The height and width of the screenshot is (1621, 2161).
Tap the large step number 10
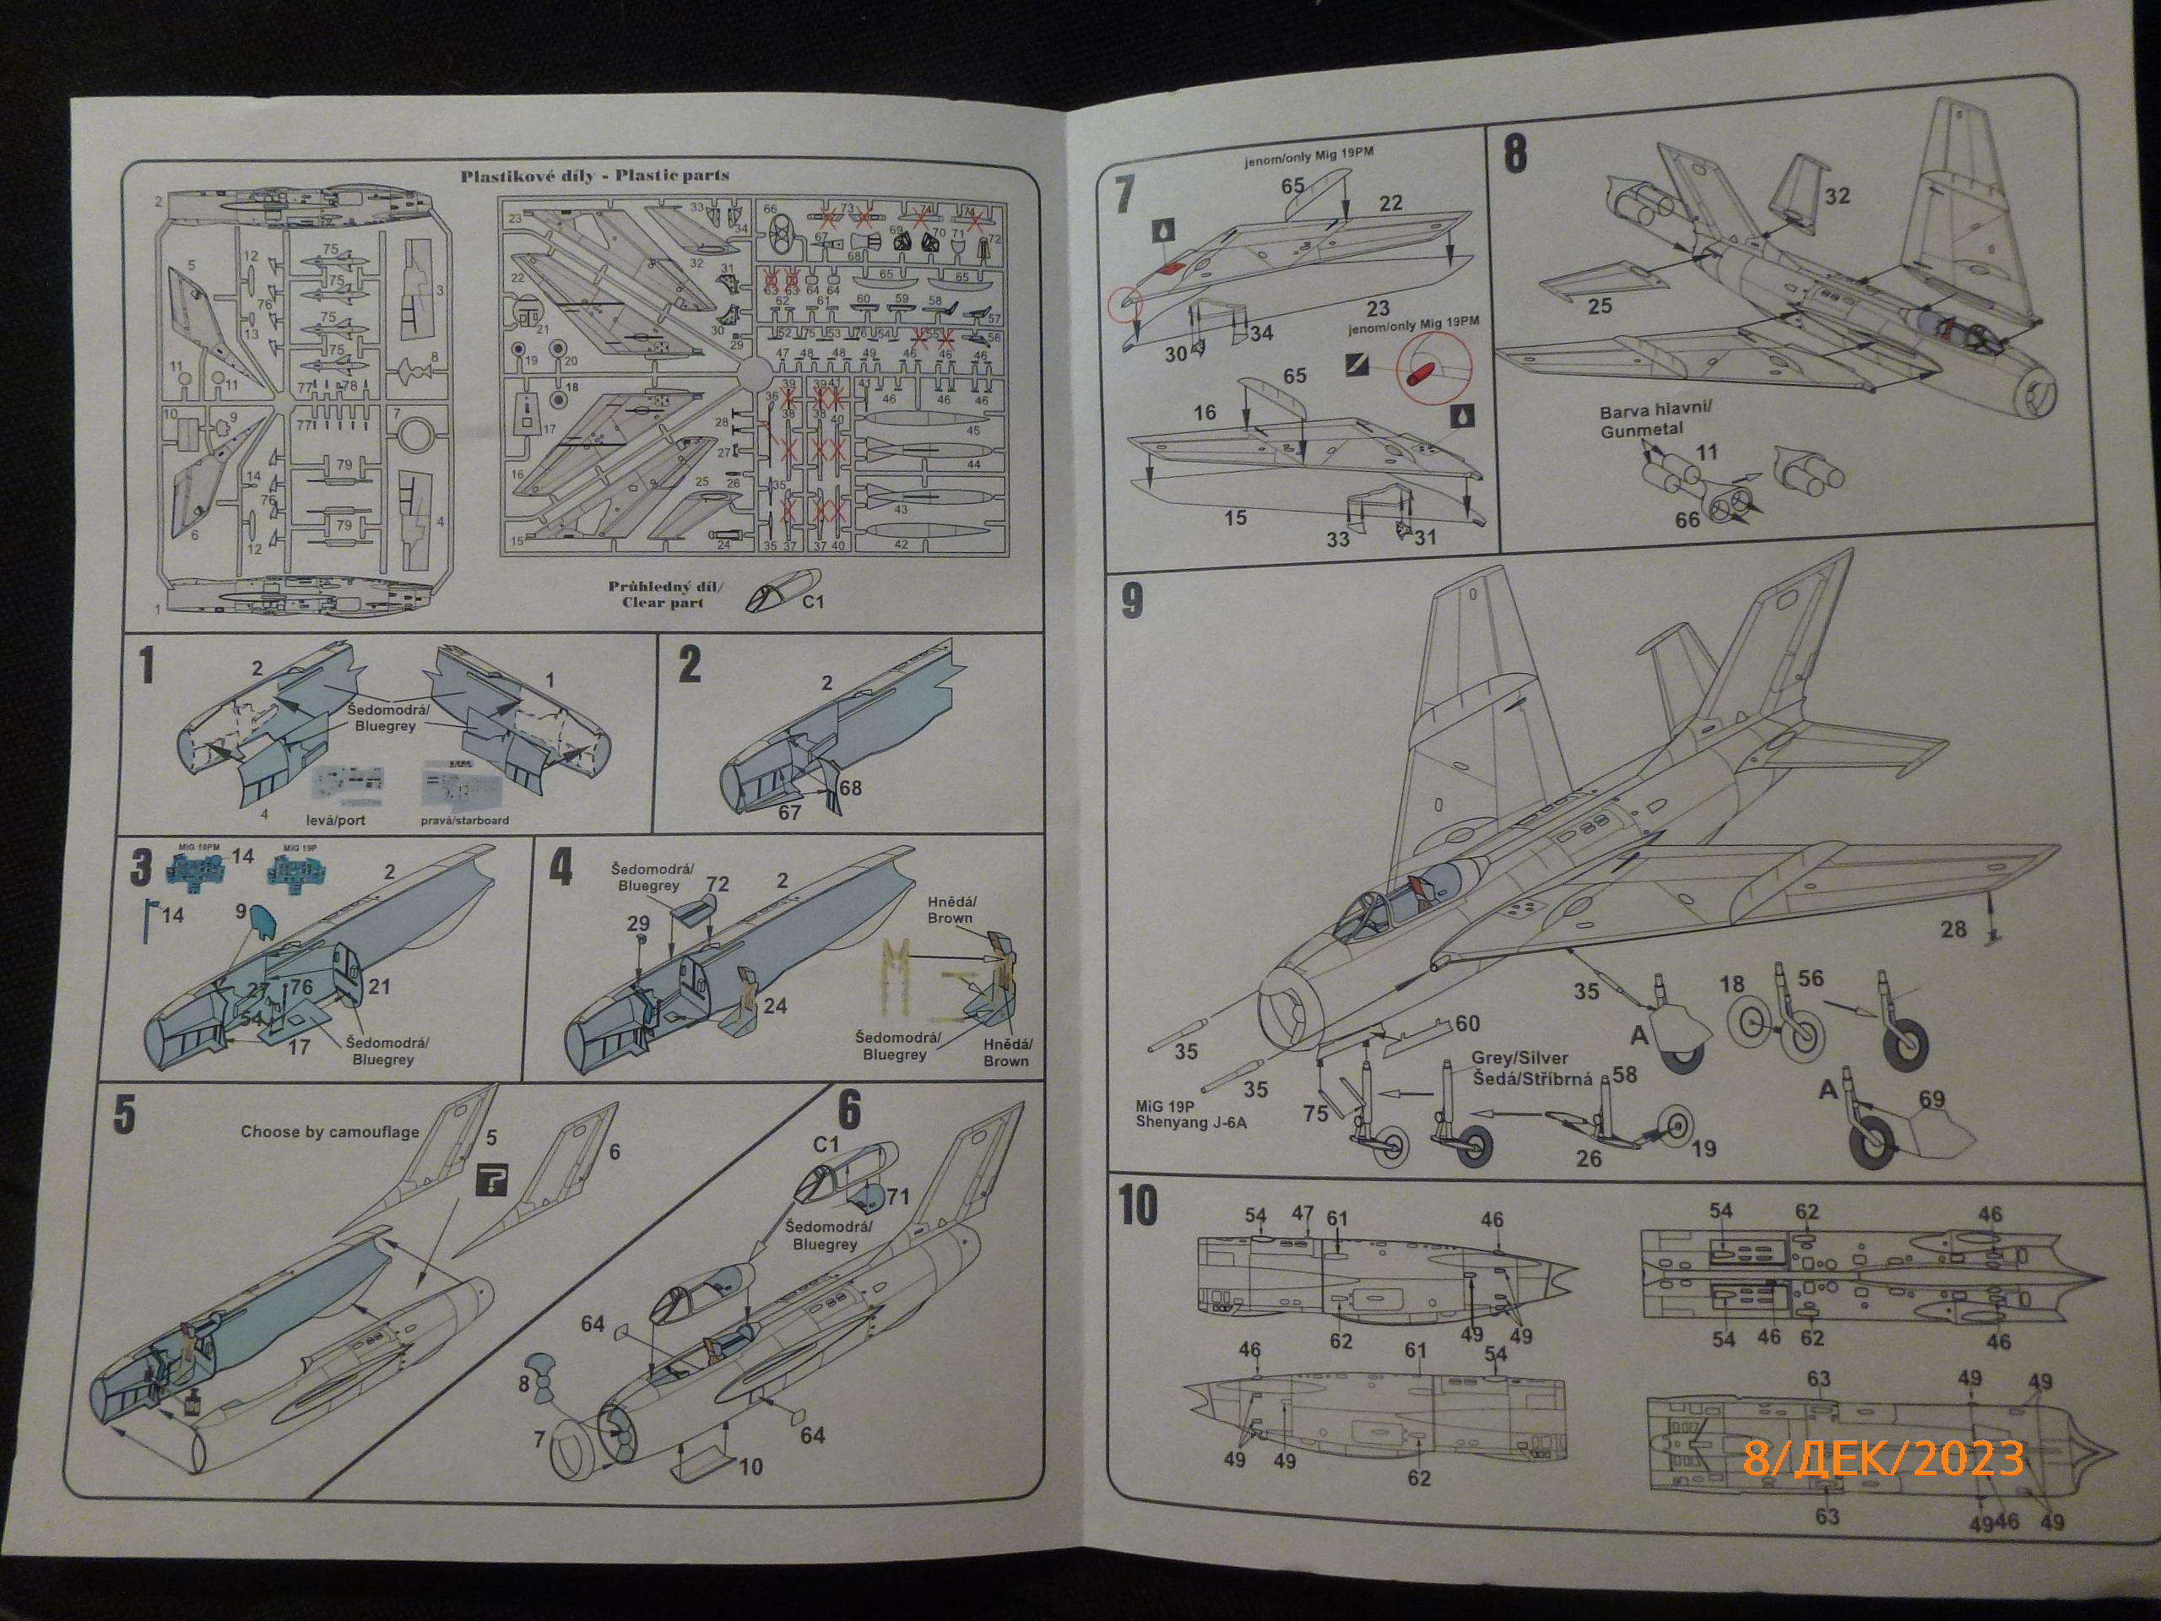pos(1138,1206)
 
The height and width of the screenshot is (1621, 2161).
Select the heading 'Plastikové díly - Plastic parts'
pos(595,176)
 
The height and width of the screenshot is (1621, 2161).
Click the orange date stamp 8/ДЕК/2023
pos(1882,1460)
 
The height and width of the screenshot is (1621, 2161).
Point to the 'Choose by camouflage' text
pos(329,1131)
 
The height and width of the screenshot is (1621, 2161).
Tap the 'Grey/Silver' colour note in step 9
pos(1519,1058)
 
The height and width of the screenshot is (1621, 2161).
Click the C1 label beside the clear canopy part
pos(813,602)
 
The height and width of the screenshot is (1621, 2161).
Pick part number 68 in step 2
pos(850,788)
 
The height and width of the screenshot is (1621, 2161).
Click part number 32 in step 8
pos(1837,195)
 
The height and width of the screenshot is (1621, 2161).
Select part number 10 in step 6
pos(750,1466)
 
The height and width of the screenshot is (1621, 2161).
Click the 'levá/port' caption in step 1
pos(335,820)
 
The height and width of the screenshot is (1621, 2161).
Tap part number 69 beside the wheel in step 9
pos(1931,1099)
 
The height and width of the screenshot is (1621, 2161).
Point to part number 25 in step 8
pos(1600,306)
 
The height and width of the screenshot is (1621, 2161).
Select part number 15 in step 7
pos(1235,518)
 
